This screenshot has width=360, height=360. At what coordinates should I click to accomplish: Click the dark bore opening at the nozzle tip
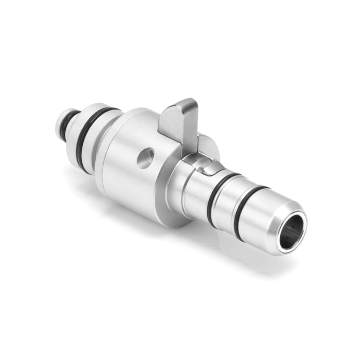pyautogui.click(x=292, y=232)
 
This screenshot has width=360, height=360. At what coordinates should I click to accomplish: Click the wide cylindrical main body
pyautogui.click(x=134, y=165)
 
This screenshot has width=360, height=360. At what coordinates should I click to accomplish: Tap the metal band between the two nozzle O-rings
pyautogui.click(x=231, y=203)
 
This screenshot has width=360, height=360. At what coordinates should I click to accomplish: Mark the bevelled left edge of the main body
pyautogui.click(x=111, y=149)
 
